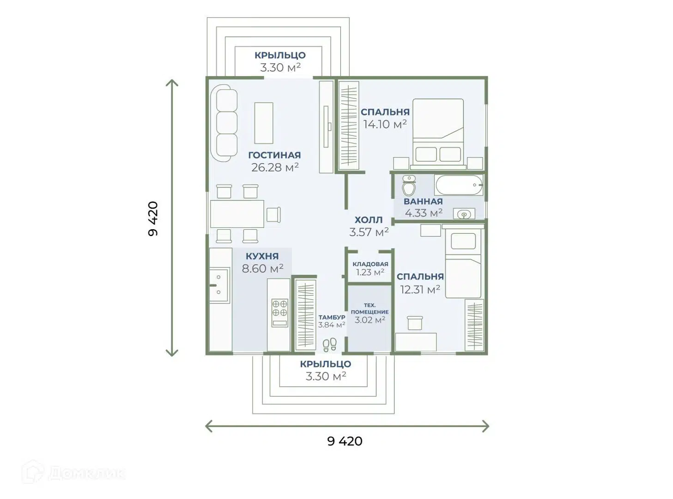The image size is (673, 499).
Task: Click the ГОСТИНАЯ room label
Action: (x=274, y=155)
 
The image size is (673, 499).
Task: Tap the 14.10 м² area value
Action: (x=385, y=124)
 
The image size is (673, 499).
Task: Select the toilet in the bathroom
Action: (x=409, y=185)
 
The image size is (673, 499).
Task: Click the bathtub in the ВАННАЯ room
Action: (x=459, y=185)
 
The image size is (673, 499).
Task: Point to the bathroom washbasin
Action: (x=464, y=214)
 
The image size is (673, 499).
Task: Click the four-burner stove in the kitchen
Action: (x=279, y=313)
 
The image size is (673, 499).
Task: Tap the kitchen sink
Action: (x=219, y=285)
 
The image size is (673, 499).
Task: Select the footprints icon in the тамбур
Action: (x=329, y=345)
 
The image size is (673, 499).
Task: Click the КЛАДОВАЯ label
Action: (x=370, y=264)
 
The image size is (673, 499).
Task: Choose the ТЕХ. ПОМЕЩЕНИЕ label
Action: (x=370, y=308)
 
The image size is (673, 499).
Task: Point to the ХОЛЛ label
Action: (x=368, y=219)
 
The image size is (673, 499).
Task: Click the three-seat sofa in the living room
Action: (x=224, y=123)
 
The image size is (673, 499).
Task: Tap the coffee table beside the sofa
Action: (x=263, y=123)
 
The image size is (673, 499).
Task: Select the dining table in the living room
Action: (x=237, y=213)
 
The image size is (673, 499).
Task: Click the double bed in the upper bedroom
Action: (x=438, y=134)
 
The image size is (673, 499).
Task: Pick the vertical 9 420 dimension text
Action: (x=153, y=219)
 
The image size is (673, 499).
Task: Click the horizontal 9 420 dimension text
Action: (x=345, y=441)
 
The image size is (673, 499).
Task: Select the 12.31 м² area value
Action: (x=420, y=290)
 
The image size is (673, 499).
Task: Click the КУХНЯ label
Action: (x=262, y=256)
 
